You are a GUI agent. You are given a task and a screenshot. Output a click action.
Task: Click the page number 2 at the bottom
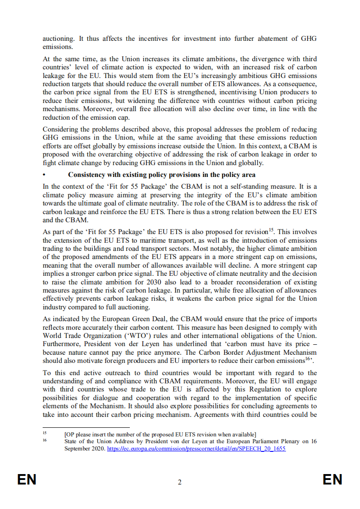click(180, 482)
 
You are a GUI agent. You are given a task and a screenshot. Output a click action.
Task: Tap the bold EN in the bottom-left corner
click(27, 480)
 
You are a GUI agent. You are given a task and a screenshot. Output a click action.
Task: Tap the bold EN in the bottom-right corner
click(332, 480)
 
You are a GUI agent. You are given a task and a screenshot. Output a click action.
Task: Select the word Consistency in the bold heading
click(87, 175)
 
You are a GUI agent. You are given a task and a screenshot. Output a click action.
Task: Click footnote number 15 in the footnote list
click(45, 434)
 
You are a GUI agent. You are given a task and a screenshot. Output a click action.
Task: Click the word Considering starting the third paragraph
click(60, 130)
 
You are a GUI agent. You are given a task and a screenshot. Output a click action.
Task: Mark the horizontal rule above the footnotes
click(86, 427)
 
